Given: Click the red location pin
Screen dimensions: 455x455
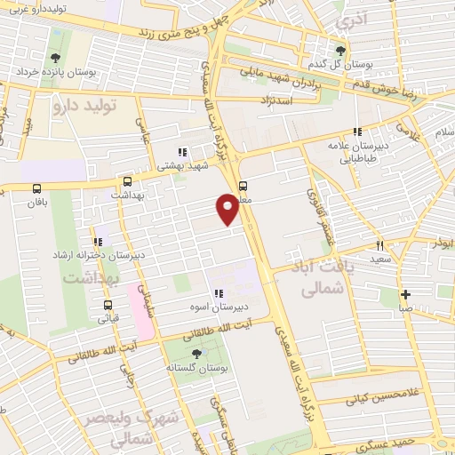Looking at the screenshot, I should click(228, 208).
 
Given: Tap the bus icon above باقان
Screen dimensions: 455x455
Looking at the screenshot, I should click(36, 188).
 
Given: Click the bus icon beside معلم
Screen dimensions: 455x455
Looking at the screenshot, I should click(243, 185).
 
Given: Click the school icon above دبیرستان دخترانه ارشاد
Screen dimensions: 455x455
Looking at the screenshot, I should click(97, 242).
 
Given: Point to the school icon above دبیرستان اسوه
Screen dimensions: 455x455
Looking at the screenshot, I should click(217, 293).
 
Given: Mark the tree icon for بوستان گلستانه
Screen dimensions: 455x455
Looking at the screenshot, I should click(196, 354).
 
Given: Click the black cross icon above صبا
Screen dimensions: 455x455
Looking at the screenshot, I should click(405, 295).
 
